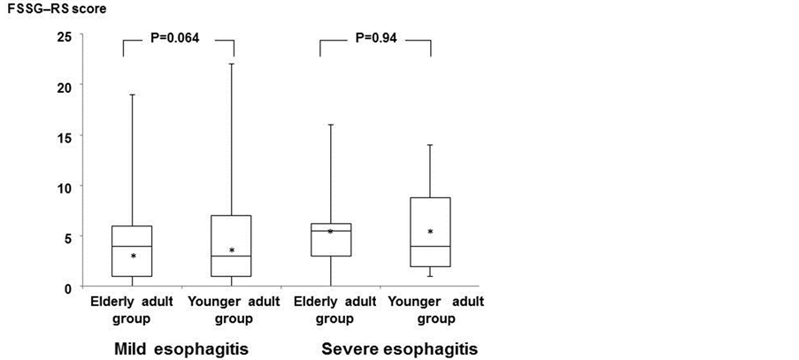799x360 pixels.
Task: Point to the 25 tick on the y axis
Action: (63, 36)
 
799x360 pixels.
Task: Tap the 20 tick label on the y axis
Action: (63, 85)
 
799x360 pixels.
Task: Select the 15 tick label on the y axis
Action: (63, 135)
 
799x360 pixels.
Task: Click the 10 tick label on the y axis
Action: (63, 186)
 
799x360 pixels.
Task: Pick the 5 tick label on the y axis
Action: (66, 236)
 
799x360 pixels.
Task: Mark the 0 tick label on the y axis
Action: (66, 287)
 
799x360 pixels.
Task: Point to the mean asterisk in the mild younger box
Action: (232, 251)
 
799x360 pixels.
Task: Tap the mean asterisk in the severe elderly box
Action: (330, 232)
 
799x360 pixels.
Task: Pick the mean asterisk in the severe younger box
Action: (430, 233)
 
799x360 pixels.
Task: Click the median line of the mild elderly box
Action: (134, 246)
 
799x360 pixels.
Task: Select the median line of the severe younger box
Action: (430, 246)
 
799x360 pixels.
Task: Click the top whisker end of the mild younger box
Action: (232, 64)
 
